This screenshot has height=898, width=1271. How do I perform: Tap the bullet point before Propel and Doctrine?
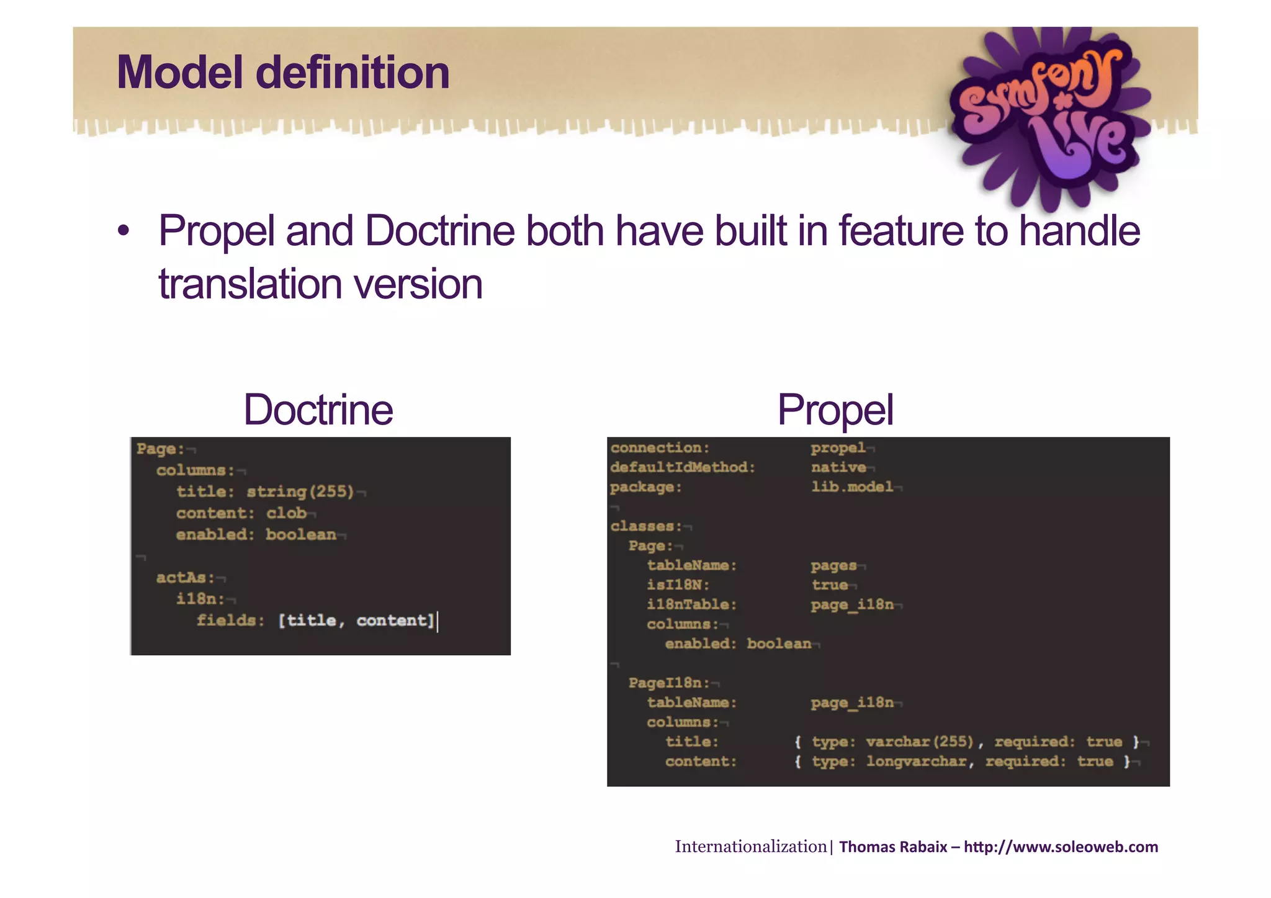[124, 231]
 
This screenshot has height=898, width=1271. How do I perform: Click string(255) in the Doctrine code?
[300, 492]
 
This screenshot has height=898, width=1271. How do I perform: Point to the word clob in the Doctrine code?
[286, 513]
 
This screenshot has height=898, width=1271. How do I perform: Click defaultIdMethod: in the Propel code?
[683, 467]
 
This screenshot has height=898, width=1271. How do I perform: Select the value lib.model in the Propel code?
[851, 487]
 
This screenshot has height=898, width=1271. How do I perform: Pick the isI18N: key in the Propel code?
[678, 585]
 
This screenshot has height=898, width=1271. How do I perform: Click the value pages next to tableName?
[833, 566]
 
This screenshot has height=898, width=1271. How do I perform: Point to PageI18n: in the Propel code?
[669, 683]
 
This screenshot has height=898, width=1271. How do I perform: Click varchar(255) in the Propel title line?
[919, 742]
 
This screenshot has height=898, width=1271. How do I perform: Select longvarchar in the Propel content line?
[916, 762]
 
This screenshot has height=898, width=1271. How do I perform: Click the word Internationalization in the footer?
[750, 847]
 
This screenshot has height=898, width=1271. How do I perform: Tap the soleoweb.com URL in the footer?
[1061, 847]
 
